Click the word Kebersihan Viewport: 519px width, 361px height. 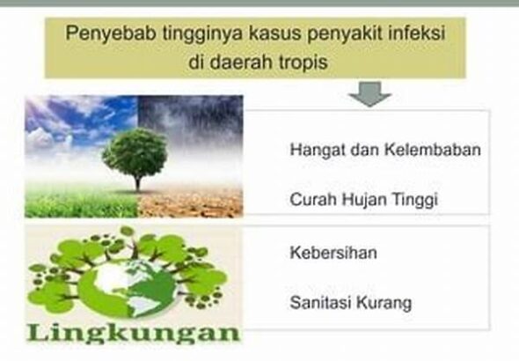point(333,253)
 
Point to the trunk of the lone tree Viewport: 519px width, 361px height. point(136,181)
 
